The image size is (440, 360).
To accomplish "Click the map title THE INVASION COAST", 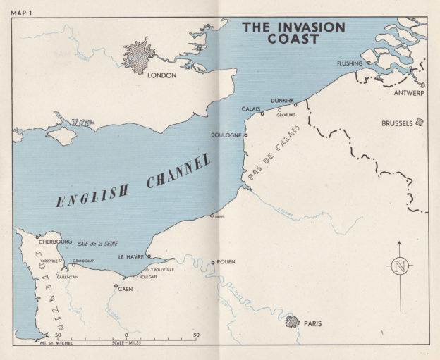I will point(294,33).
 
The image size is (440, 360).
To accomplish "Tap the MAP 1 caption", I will point(26,6).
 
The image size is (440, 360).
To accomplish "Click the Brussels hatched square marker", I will point(420,122).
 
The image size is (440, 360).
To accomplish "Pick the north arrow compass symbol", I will point(400,266).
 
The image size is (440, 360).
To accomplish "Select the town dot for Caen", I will point(116,285).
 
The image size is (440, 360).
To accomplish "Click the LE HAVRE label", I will point(130,257).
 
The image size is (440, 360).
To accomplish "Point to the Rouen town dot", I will point(212,263).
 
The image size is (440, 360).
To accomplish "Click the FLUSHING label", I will point(349,63).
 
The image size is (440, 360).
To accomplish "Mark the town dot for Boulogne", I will point(246,134).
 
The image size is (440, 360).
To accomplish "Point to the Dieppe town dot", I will point(212,216).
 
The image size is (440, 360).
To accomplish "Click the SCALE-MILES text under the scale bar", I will point(126,342).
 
